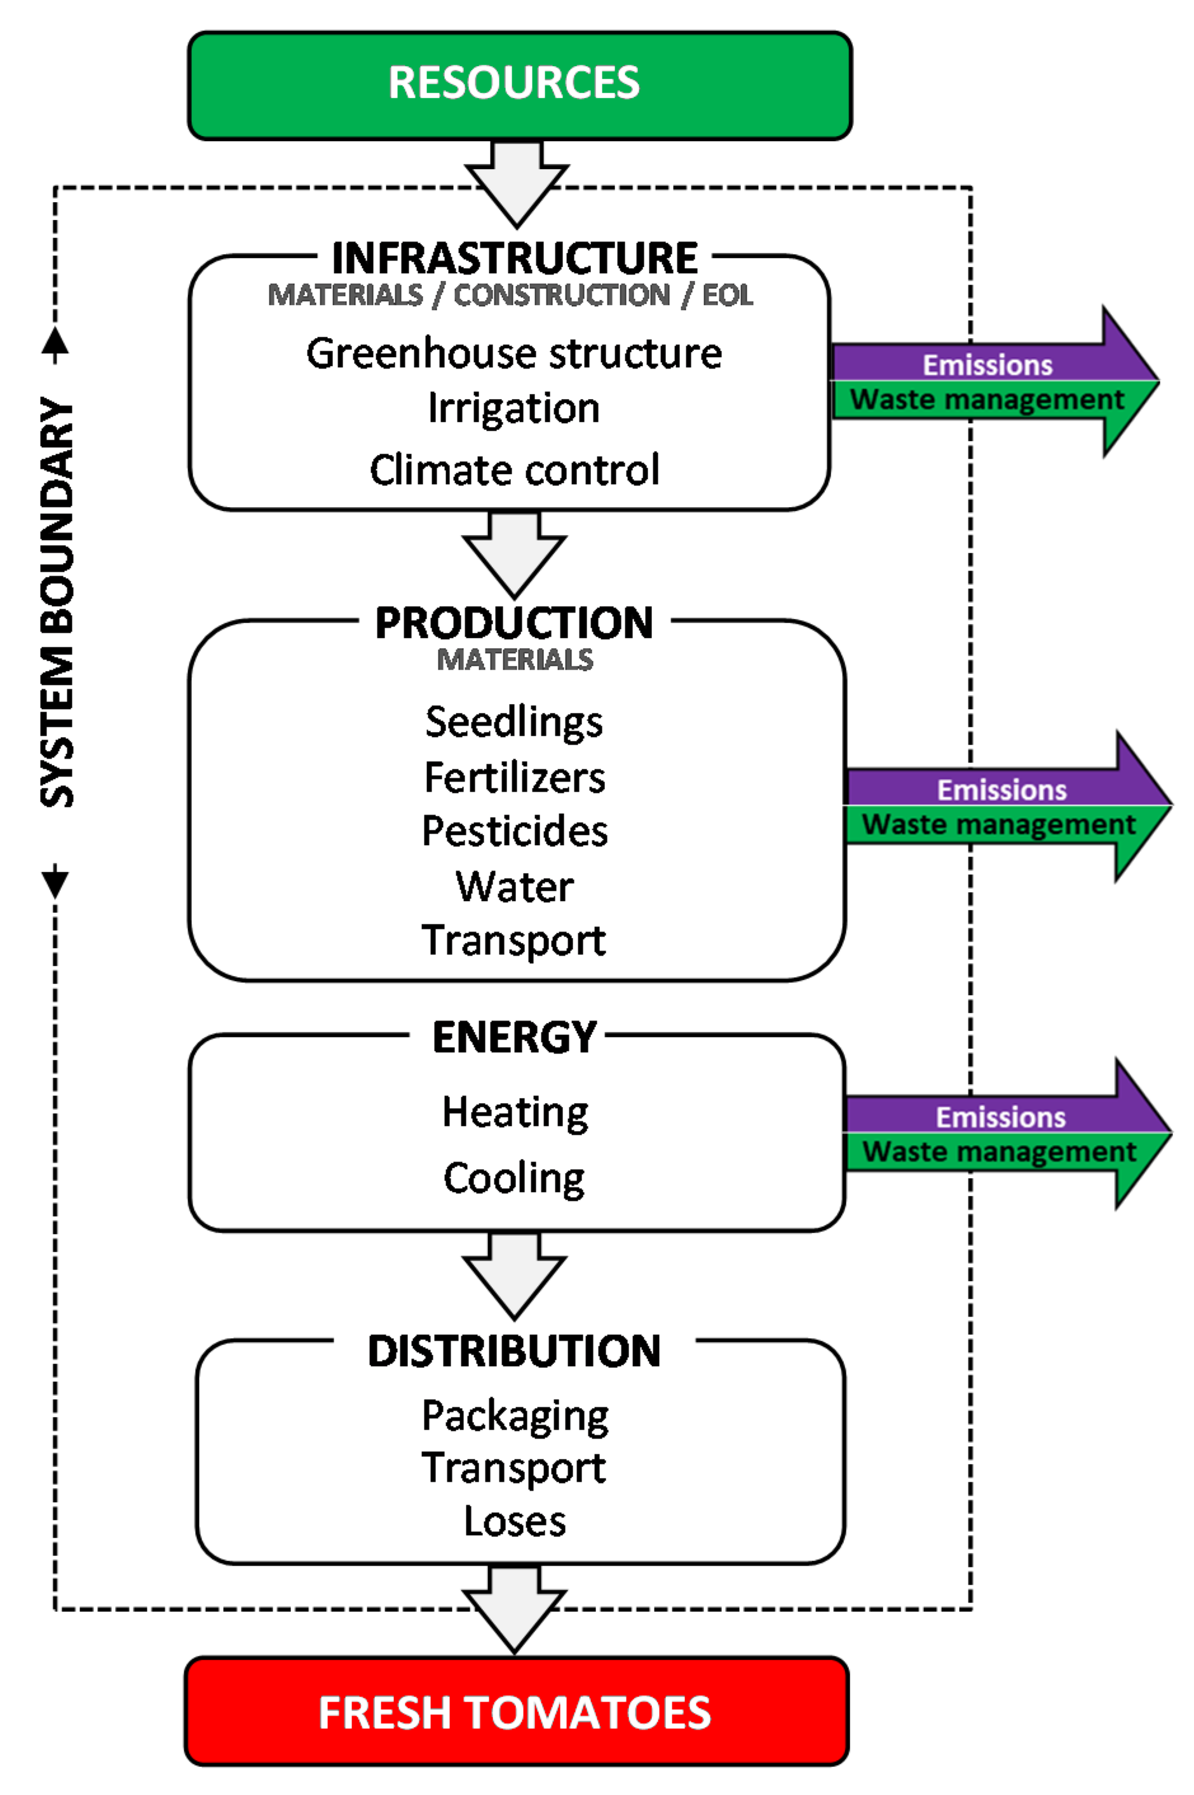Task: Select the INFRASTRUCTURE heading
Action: click(x=515, y=258)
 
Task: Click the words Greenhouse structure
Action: click(x=514, y=353)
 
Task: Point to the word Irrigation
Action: click(x=514, y=408)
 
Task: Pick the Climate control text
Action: click(x=514, y=470)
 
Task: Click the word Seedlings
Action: click(x=514, y=721)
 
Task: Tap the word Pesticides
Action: click(x=515, y=830)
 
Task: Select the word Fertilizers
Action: click(x=515, y=777)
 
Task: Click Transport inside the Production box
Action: click(x=514, y=940)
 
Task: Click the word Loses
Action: click(x=515, y=1522)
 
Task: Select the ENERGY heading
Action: click(x=515, y=1037)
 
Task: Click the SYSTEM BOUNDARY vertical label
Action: click(x=57, y=601)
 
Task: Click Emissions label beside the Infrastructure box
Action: click(x=987, y=365)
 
